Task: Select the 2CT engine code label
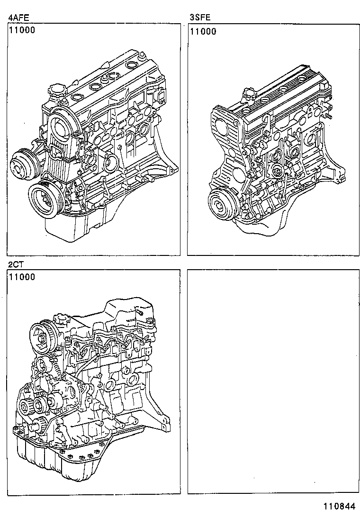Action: pos(16,263)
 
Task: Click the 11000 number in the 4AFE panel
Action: pos(22,31)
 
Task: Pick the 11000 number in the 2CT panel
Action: pos(22,277)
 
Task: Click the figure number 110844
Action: pos(339,507)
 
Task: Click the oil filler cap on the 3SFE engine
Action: pos(249,93)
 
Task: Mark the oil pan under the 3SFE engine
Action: pos(258,227)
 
